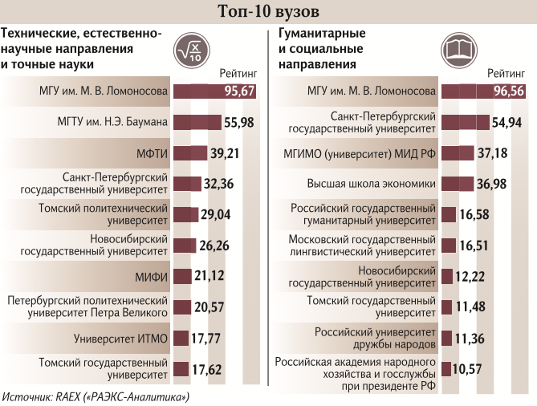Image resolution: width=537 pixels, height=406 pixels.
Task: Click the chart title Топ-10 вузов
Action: click(268, 11)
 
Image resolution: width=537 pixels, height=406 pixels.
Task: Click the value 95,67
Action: click(239, 91)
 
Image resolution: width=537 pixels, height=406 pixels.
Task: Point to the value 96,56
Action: click(510, 91)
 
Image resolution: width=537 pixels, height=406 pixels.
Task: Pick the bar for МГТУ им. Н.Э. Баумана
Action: click(196, 122)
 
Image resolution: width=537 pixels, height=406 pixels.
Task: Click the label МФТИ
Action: click(152, 152)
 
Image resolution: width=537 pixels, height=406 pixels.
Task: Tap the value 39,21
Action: click(226, 152)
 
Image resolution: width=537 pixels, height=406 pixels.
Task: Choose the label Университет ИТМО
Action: click(120, 339)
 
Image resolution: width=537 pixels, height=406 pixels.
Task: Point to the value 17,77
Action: click(206, 339)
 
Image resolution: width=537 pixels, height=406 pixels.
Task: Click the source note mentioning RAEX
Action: click(96, 397)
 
